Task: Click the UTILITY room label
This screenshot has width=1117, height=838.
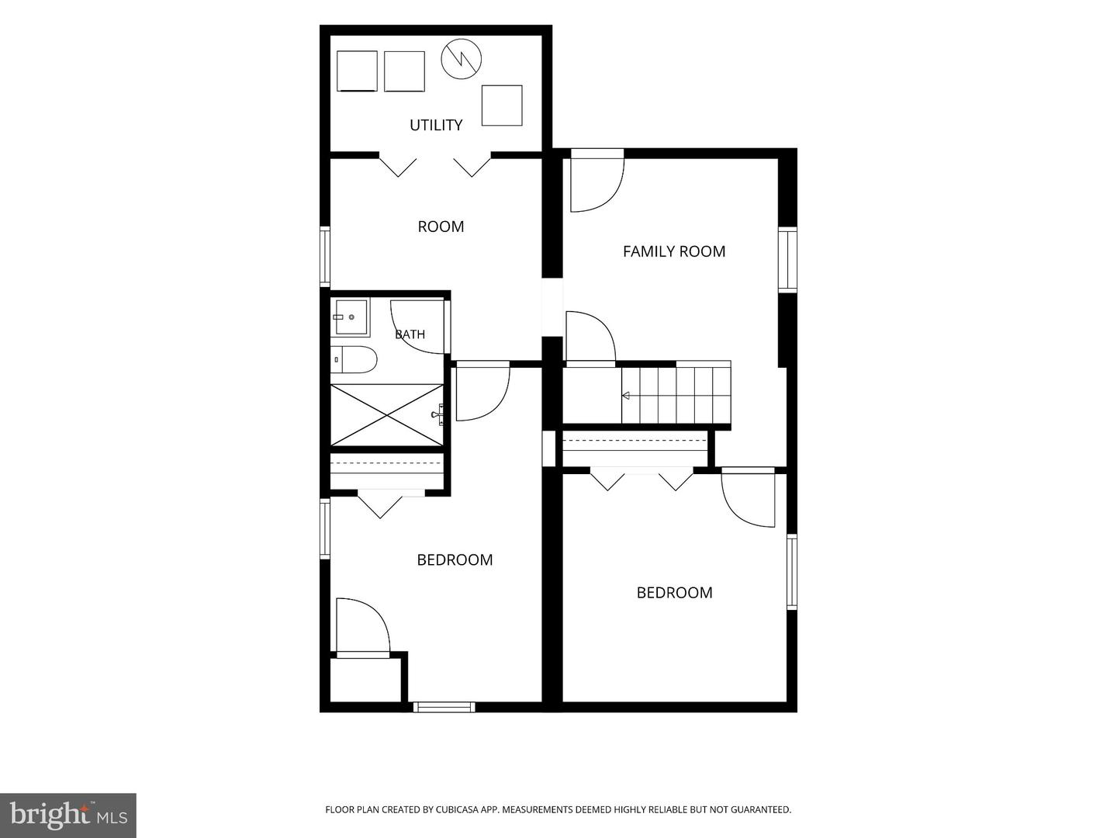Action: coord(436,125)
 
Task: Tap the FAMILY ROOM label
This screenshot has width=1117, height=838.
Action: coord(674,251)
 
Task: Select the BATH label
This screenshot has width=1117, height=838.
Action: coord(410,334)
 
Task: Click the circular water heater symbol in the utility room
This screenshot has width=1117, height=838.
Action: coord(461,59)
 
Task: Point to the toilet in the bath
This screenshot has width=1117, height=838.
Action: coord(354,359)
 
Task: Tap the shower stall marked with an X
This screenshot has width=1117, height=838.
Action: coord(387,415)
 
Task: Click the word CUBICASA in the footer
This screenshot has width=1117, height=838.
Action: coord(456,809)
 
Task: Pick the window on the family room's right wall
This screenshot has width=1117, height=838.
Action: coord(788,259)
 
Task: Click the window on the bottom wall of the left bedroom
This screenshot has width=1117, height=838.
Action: coord(444,707)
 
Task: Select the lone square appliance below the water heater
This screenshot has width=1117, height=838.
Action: coord(502,106)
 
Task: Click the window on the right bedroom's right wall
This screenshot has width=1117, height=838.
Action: coord(792,571)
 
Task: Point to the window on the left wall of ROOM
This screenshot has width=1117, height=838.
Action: coord(325,257)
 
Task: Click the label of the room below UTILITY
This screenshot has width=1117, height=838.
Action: coord(441,227)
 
